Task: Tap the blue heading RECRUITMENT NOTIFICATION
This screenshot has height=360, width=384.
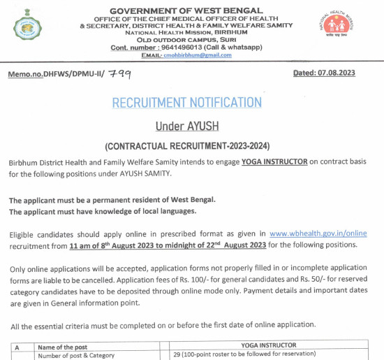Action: pyautogui.click(x=187, y=103)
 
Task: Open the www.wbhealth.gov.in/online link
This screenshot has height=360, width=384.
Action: pyautogui.click(x=318, y=233)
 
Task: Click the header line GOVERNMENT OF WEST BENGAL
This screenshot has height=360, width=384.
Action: pyautogui.click(x=187, y=10)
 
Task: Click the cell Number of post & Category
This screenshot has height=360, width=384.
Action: pyautogui.click(x=75, y=354)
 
